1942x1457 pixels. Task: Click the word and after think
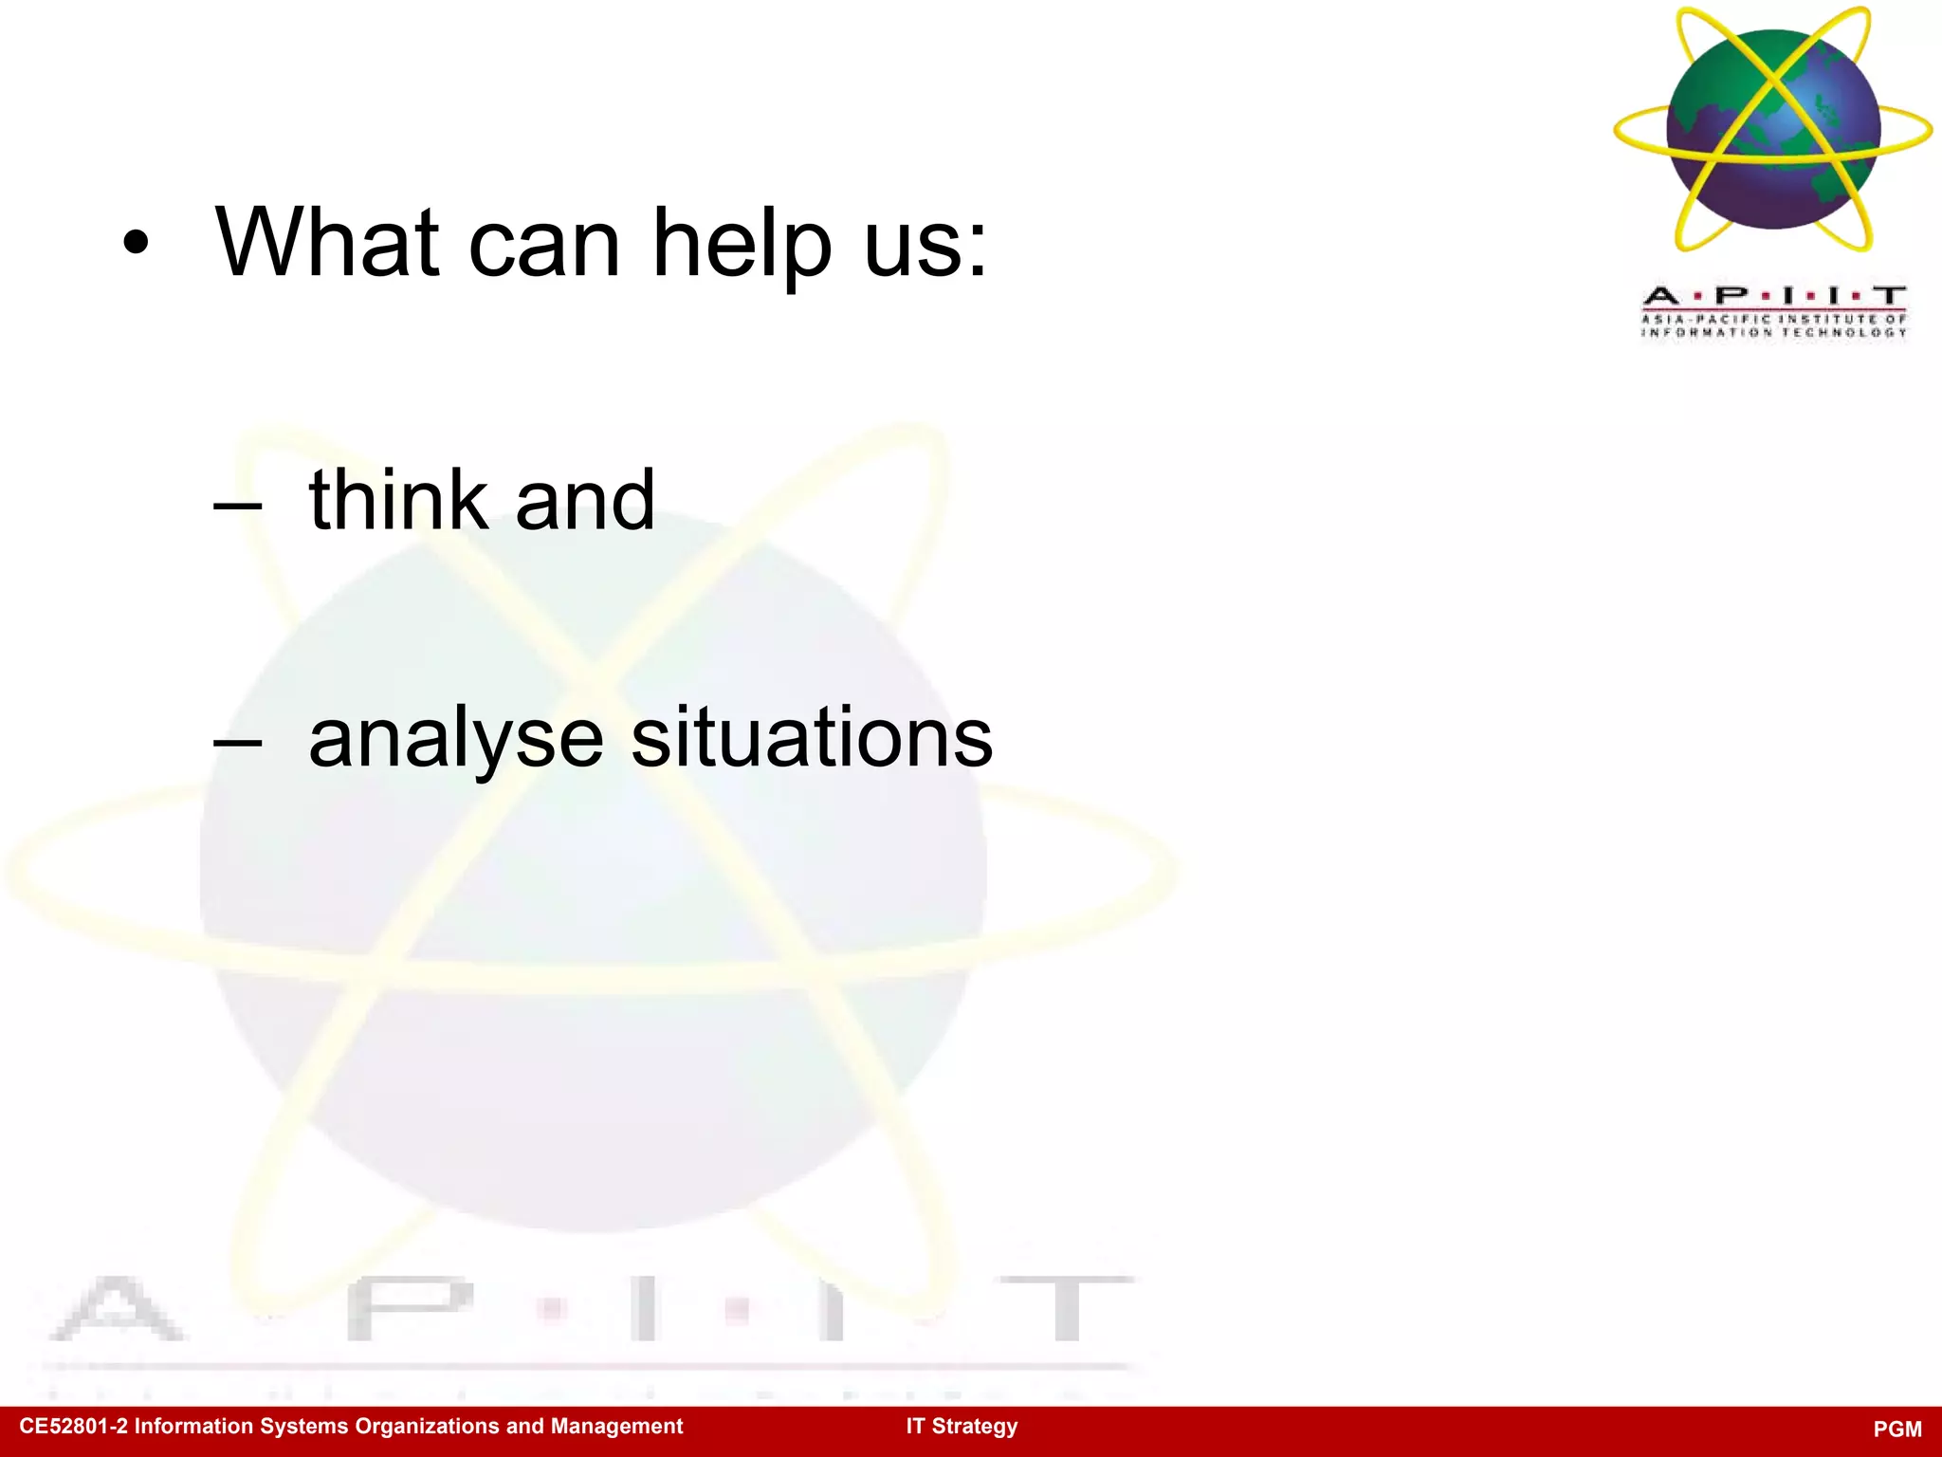585,500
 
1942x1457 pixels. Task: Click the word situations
812,738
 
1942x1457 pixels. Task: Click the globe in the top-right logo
1773,129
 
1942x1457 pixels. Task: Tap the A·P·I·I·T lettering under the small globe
1773,296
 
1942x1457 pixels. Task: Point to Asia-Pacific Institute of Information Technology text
1773,325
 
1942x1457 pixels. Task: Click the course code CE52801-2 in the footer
72,1427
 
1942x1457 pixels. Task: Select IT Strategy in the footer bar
962,1427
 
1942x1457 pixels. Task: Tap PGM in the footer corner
1897,1429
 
